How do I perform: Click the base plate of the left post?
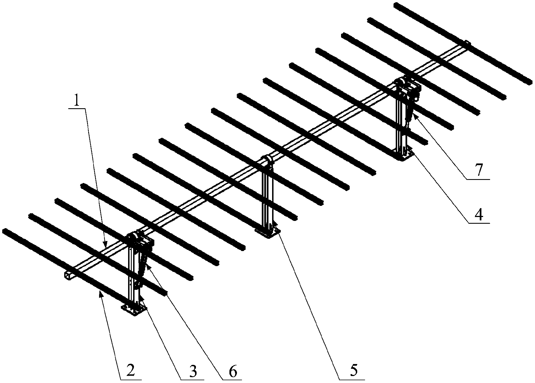pos(134,309)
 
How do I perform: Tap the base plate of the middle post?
pos(267,232)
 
